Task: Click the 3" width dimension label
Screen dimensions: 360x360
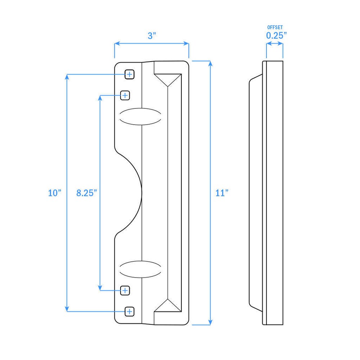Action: click(x=152, y=36)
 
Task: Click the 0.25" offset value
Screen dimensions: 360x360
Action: click(x=276, y=35)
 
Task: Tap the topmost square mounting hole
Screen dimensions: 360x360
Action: click(x=129, y=75)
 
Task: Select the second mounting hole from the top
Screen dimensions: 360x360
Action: click(x=125, y=95)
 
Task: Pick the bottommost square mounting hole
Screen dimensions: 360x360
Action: click(x=129, y=311)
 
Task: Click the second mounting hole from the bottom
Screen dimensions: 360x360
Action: click(x=125, y=290)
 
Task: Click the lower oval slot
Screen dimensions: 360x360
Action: click(x=140, y=269)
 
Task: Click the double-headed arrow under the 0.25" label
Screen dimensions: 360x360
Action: click(x=274, y=44)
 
